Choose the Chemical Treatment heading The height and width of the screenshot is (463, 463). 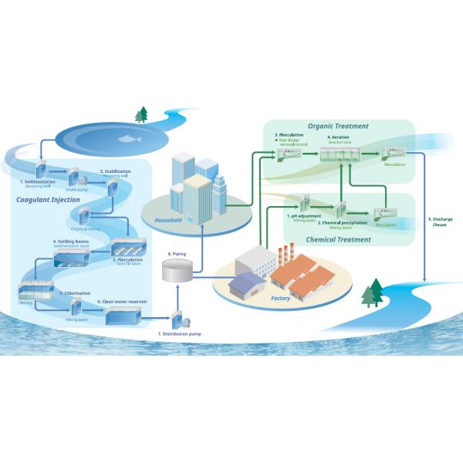[339, 239]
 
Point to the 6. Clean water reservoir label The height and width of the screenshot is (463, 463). [122, 301]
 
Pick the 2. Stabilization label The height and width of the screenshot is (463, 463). [115, 171]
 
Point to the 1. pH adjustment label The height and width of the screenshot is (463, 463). [303, 216]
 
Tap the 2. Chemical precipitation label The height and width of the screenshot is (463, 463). [340, 223]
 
